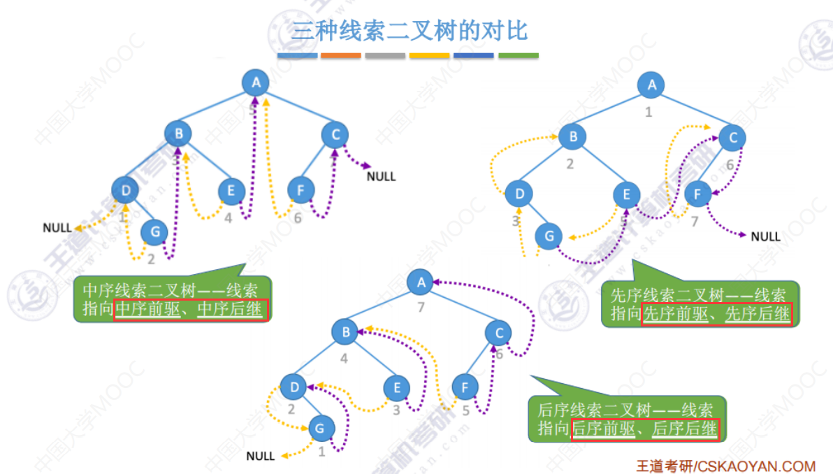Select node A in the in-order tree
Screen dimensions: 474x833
point(256,83)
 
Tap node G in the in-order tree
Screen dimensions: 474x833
point(154,231)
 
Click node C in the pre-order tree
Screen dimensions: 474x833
point(732,138)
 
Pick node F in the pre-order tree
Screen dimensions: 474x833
point(697,194)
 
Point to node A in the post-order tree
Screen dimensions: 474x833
point(421,282)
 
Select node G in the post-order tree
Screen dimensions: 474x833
point(321,426)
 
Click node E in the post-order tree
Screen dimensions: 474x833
point(397,387)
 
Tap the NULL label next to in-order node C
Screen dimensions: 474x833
point(381,176)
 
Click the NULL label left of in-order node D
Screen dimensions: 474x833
point(57,227)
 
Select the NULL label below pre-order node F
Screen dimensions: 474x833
point(765,236)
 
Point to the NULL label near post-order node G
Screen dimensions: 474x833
point(261,456)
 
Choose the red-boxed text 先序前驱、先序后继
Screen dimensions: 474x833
point(717,314)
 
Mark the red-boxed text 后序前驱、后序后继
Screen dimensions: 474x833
point(645,429)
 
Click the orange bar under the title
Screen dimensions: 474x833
point(341,55)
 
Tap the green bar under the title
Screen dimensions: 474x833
point(518,55)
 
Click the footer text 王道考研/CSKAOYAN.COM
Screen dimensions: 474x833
point(725,466)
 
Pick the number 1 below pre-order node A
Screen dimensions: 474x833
point(649,111)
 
